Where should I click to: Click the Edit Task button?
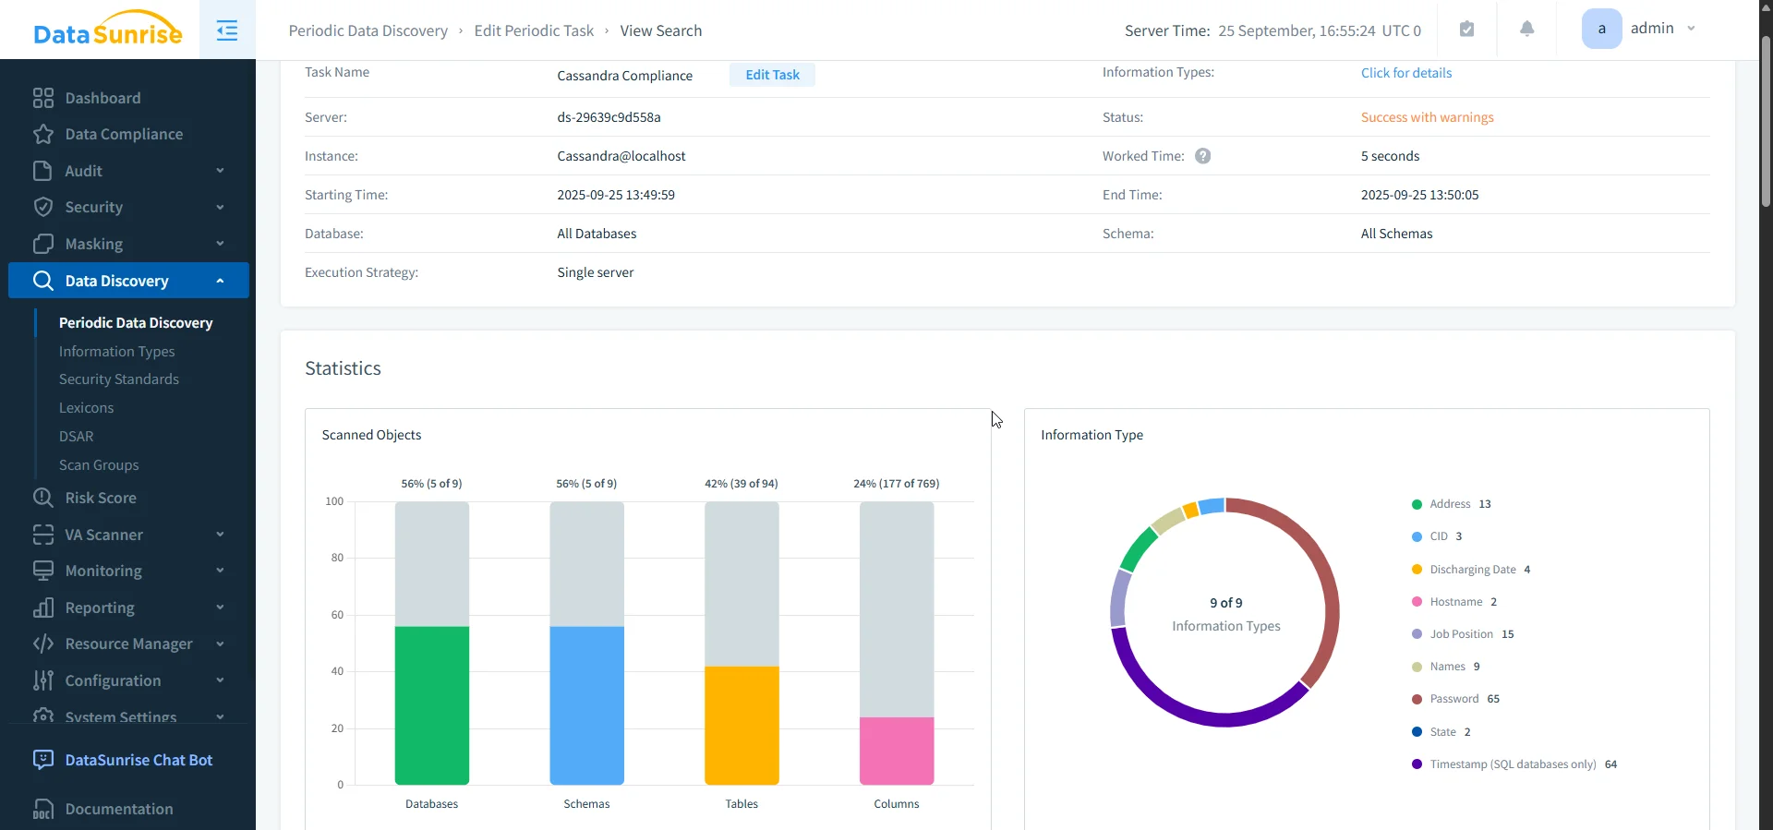click(772, 75)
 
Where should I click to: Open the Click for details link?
click(1405, 73)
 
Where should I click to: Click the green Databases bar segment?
click(431, 705)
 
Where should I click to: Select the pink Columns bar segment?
click(896, 751)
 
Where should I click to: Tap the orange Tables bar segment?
click(741, 725)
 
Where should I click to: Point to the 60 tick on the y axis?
click(337, 615)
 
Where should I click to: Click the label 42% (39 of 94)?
click(741, 484)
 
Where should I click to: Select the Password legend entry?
click(1454, 699)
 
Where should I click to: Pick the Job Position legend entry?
click(1461, 634)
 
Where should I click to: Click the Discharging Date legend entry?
click(1472, 570)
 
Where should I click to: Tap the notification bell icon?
click(1526, 30)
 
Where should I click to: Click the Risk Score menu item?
click(101, 498)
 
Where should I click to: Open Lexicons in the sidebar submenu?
click(86, 408)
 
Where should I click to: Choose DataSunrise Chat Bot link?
click(139, 760)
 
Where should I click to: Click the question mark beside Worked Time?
click(1202, 156)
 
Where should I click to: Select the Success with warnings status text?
click(1427, 117)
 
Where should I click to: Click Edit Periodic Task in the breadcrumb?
click(534, 30)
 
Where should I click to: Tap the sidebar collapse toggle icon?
click(227, 30)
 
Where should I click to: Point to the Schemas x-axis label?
click(586, 804)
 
